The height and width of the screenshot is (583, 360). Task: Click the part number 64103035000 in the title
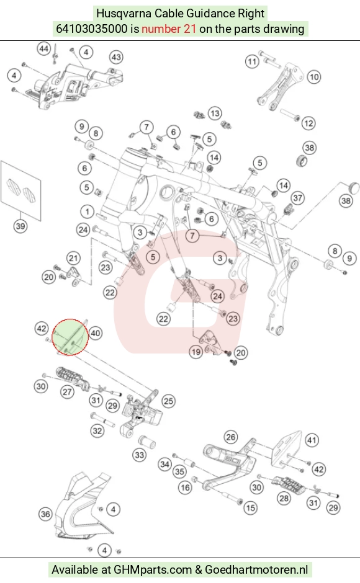pos(92,29)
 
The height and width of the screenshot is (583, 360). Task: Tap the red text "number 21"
pos(169,29)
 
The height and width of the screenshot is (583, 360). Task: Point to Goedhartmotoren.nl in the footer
pos(256,569)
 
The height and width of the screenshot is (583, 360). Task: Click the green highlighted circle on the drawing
pos(70,337)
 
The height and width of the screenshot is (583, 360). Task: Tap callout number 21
pos(73,259)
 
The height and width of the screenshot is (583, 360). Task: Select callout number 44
pos(43,49)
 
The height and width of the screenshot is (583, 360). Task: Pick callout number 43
pos(116,57)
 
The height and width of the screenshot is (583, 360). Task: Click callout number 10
pos(314,77)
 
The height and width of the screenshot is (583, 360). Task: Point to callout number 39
pos(20,226)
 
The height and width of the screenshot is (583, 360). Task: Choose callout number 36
pos(45,514)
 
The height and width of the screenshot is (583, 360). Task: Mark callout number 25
pos(169,401)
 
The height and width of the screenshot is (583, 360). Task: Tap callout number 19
pos(196,352)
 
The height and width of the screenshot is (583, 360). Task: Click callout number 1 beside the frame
pos(87,212)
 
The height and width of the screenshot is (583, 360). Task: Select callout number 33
pos(140,455)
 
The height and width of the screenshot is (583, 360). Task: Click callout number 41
pos(312,440)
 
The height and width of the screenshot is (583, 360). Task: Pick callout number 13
pos(214,113)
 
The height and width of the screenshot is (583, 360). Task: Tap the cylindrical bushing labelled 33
pos(146,442)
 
